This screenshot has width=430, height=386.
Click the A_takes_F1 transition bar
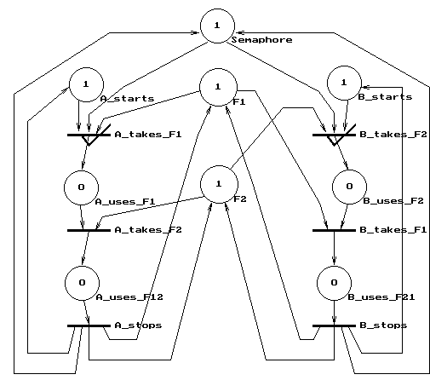(89, 135)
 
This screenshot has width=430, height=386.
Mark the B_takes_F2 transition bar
(334, 135)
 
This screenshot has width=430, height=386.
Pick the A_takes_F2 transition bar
(89, 230)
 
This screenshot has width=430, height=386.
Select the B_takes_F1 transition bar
(334, 230)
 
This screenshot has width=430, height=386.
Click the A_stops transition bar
(89, 326)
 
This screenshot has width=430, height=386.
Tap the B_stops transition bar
(334, 326)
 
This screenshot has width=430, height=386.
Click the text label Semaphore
(261, 40)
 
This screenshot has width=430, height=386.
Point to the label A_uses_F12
(129, 297)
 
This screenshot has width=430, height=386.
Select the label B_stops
(383, 326)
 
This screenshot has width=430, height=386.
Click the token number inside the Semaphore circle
(217, 26)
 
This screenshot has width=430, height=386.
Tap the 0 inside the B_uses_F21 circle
(334, 282)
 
